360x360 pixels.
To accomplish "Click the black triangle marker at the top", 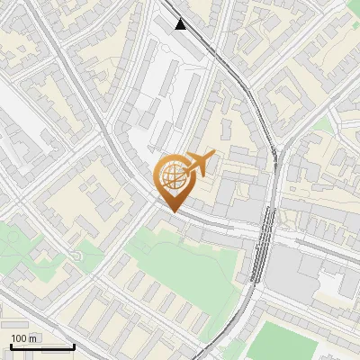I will [182, 24].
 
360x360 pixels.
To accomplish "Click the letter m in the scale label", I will [34, 338].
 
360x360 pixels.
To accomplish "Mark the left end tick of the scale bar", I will [11, 346].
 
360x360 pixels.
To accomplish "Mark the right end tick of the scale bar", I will [74, 346].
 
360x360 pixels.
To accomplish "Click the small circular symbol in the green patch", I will [76, 257].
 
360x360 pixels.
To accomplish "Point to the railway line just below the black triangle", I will [202, 40].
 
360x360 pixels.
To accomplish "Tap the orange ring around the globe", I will [159, 175].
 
